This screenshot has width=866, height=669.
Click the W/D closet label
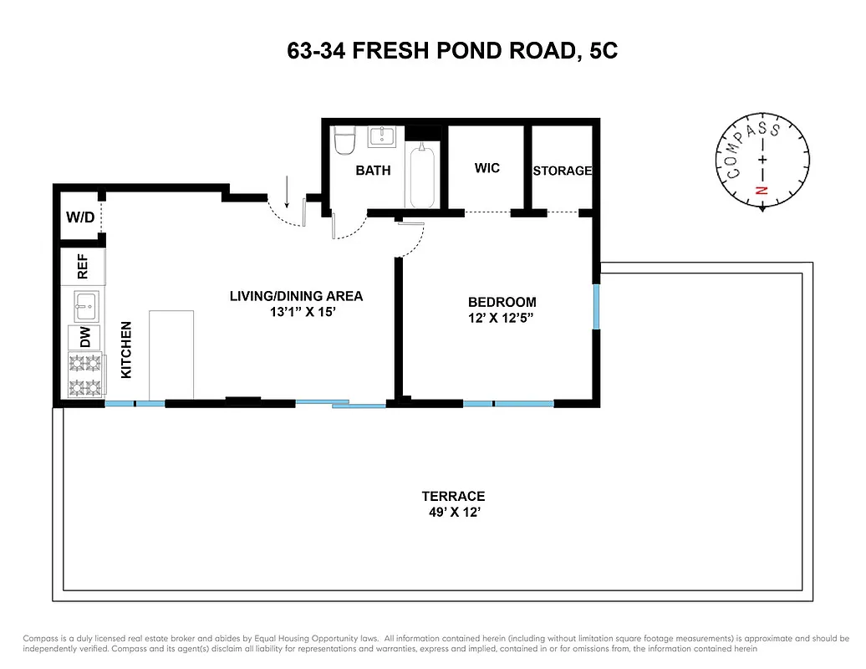point(80,218)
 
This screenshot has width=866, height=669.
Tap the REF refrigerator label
point(83,268)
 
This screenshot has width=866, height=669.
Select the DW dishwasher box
point(84,337)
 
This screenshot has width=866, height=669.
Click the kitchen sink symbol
point(86,305)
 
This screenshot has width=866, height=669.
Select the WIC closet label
point(486,168)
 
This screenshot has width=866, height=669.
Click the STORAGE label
point(563,171)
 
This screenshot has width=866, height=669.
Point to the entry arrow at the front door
point(287,192)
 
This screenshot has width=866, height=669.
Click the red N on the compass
point(761,190)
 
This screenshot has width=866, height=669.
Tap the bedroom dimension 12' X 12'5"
point(502,318)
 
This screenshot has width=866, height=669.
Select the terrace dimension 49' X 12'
point(453,512)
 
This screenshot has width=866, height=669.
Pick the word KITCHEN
point(127,350)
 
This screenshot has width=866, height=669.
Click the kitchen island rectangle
point(171,355)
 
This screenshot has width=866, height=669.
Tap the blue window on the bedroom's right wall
point(597,307)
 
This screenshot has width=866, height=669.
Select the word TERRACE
point(453,496)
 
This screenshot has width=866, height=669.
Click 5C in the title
point(600,52)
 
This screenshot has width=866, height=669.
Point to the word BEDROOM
point(502,302)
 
